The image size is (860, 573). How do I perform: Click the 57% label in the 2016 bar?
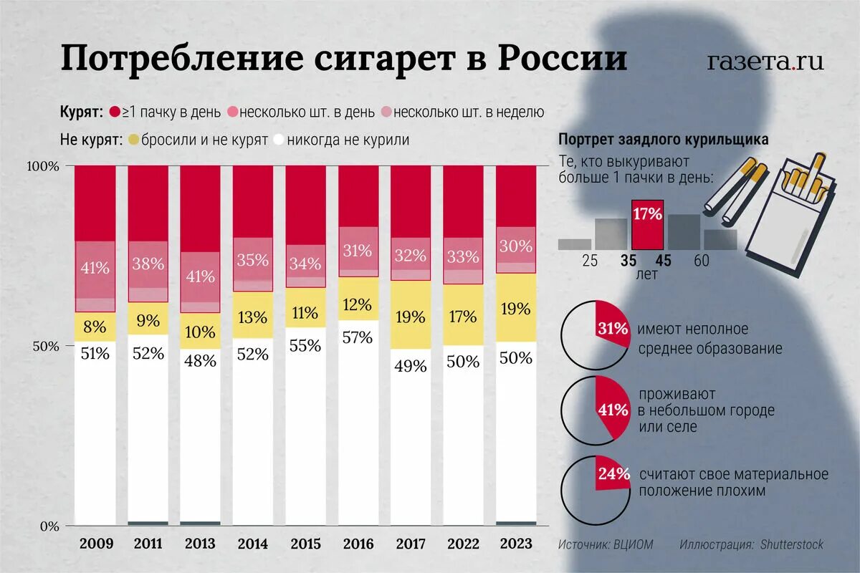tap(358, 337)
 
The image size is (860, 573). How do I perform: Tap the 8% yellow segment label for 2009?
tap(95, 327)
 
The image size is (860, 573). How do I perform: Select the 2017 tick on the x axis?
tap(410, 544)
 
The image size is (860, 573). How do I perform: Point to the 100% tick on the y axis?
tap(43, 166)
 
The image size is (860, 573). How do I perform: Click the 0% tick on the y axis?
tap(48, 526)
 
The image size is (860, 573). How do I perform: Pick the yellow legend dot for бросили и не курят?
tap(133, 140)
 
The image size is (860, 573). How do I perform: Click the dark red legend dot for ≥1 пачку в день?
tap(113, 112)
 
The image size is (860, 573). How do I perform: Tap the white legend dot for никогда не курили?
tap(278, 140)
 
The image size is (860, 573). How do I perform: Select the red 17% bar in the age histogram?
tap(647, 223)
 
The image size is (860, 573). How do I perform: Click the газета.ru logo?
tap(765, 62)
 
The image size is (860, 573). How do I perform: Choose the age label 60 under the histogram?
tap(702, 261)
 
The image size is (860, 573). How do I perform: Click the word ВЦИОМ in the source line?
tap(634, 544)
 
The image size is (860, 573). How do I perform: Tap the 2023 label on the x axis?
tap(516, 544)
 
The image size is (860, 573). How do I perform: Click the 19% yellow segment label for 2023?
tap(516, 309)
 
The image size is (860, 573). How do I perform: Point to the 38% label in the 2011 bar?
tap(148, 263)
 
